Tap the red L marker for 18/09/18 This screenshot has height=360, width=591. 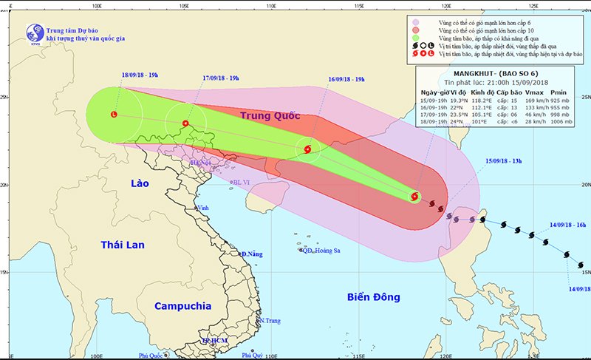pyautogui.click(x=114, y=115)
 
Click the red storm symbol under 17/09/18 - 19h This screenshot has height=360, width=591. pyautogui.click(x=185, y=123)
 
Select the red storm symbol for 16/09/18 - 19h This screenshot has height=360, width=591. pyautogui.click(x=307, y=149)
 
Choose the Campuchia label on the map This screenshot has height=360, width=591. pyautogui.click(x=183, y=305)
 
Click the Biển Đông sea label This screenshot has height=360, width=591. pyautogui.click(x=373, y=297)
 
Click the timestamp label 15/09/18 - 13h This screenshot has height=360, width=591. pyautogui.click(x=509, y=160)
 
